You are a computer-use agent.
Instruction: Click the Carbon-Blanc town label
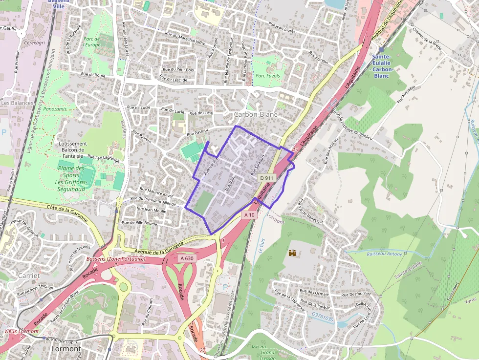point(256,114)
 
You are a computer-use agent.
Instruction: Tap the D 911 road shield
point(267,178)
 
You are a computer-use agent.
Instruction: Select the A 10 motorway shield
point(249,214)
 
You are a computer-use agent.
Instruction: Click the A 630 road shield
point(187,258)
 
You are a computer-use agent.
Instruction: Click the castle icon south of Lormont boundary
point(293,253)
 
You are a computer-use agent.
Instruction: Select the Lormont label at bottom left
point(65,349)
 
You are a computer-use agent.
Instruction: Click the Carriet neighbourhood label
point(28,275)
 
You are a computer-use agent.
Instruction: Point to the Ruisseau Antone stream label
point(384,254)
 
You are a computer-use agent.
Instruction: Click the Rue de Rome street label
point(93,75)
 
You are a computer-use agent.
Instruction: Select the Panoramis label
point(55,109)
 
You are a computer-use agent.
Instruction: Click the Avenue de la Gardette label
point(161,248)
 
